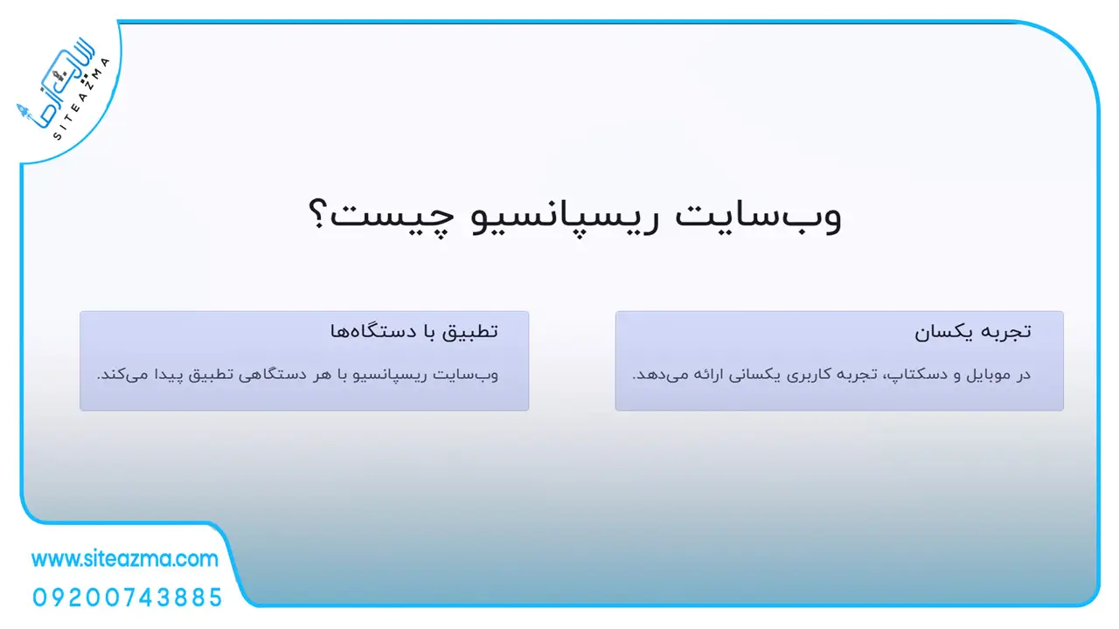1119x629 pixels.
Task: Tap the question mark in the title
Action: [x=317, y=214]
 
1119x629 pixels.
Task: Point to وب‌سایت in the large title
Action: [x=758, y=217]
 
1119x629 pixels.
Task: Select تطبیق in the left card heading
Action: [x=471, y=332]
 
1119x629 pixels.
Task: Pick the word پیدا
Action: [x=172, y=375]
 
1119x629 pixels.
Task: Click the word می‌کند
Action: [x=123, y=375]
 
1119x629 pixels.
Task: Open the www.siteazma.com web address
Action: [x=125, y=559]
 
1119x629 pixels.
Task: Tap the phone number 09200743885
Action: [x=127, y=598]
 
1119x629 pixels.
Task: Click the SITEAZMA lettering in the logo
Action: [x=81, y=99]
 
